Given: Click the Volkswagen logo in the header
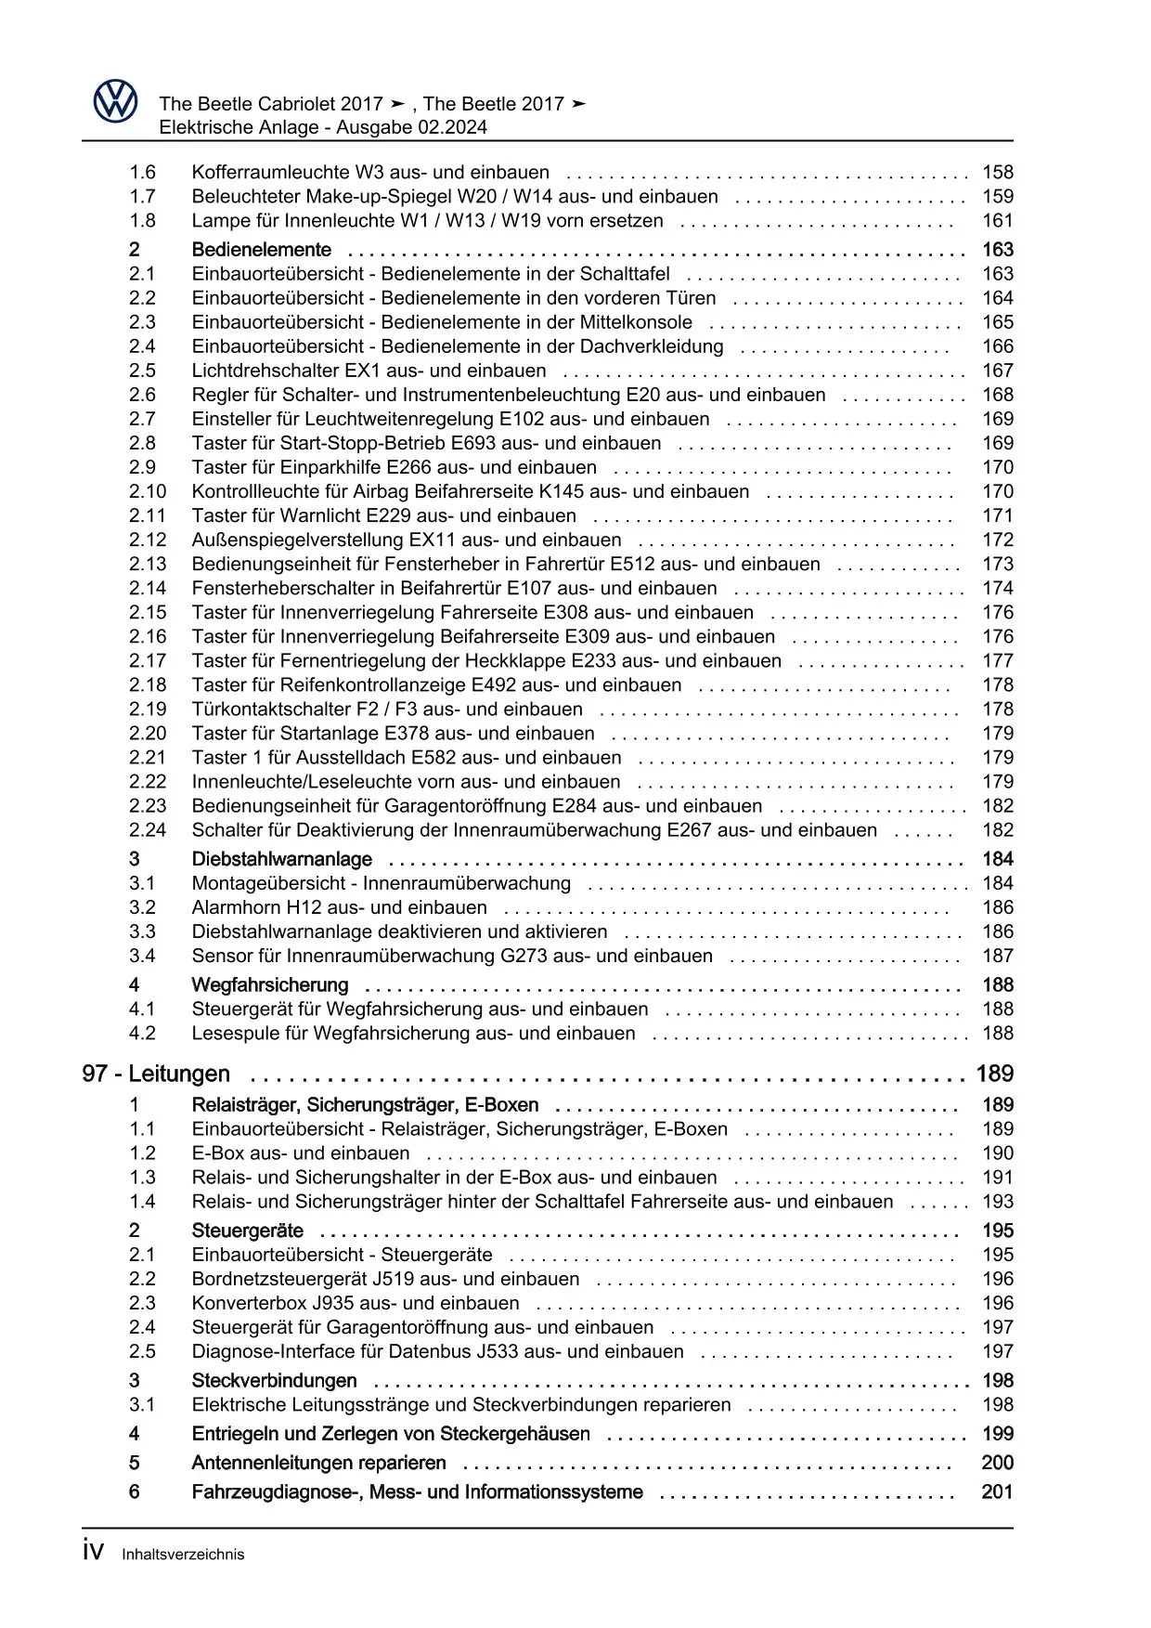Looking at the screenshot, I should [115, 101].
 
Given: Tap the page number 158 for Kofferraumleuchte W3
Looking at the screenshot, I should [998, 172].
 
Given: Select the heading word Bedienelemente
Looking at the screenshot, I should [261, 249].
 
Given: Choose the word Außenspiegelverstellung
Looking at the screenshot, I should [297, 540].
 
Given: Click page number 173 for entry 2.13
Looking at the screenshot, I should [998, 564].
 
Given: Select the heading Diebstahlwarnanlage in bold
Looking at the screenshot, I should [281, 859].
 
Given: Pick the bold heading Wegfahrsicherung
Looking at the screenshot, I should [269, 984].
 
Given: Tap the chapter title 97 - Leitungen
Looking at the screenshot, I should [156, 1074].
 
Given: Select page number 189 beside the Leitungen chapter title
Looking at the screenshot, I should [994, 1074].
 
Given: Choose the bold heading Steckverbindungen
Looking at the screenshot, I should [274, 1380].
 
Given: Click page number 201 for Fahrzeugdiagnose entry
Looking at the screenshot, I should [997, 1491].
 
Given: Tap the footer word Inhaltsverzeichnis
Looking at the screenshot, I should [183, 1554].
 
